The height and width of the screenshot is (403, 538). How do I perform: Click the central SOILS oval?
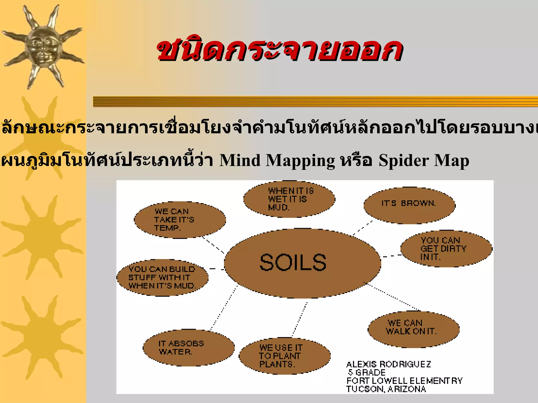[302, 263]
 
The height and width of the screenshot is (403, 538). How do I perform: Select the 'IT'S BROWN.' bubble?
[409, 205]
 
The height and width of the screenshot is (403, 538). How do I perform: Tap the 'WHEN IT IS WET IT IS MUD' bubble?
[289, 199]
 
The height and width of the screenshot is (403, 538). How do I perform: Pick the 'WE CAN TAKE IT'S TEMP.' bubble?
[180, 220]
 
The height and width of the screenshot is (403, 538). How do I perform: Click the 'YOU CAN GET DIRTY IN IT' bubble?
[446, 249]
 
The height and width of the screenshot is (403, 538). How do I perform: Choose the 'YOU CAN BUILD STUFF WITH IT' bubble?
[162, 278]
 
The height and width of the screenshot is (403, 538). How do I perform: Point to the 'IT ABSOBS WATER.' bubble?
[189, 348]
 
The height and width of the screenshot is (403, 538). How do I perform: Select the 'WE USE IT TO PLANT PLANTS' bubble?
[284, 356]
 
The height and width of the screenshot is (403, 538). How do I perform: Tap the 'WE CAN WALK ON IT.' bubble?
[413, 329]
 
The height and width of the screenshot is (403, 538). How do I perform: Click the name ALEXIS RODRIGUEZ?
[388, 364]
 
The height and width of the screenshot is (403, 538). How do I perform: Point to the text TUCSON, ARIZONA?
[386, 389]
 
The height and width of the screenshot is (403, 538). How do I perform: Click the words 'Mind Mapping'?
[277, 160]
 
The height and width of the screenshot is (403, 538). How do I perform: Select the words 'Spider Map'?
[423, 160]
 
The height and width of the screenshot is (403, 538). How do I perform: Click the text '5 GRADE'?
[367, 372]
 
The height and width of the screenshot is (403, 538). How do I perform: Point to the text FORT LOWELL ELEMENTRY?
[404, 381]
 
